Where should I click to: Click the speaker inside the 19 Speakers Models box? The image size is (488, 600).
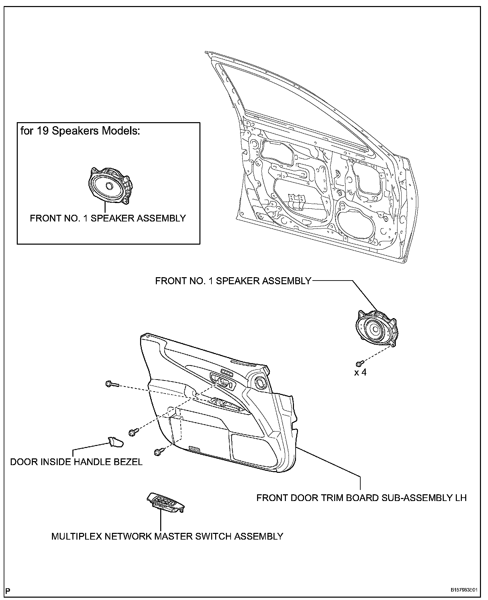(x=109, y=186)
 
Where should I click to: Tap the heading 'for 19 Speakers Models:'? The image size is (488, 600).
(x=80, y=131)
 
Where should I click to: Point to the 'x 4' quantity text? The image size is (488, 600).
(x=360, y=372)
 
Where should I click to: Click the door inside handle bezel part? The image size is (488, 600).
(x=115, y=442)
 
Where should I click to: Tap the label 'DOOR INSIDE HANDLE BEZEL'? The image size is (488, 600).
(x=76, y=462)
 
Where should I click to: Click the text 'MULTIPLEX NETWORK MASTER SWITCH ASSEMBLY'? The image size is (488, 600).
(x=167, y=536)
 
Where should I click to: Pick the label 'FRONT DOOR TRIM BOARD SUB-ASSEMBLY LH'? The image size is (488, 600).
(x=361, y=497)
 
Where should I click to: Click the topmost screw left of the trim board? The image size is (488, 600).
(x=110, y=384)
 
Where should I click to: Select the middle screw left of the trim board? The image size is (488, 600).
(x=133, y=433)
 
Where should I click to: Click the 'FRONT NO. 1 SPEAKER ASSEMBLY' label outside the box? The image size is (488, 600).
(x=233, y=281)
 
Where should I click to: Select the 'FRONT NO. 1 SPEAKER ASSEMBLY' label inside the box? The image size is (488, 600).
(x=108, y=218)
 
